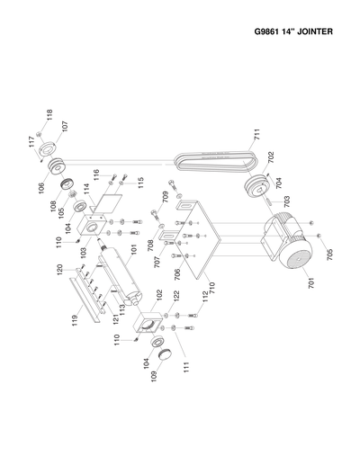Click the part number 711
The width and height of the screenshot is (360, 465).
coord(256,138)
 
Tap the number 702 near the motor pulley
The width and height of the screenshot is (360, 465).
coord(270,157)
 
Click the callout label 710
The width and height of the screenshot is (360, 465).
coord(211,291)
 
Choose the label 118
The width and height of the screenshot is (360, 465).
coord(49,115)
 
